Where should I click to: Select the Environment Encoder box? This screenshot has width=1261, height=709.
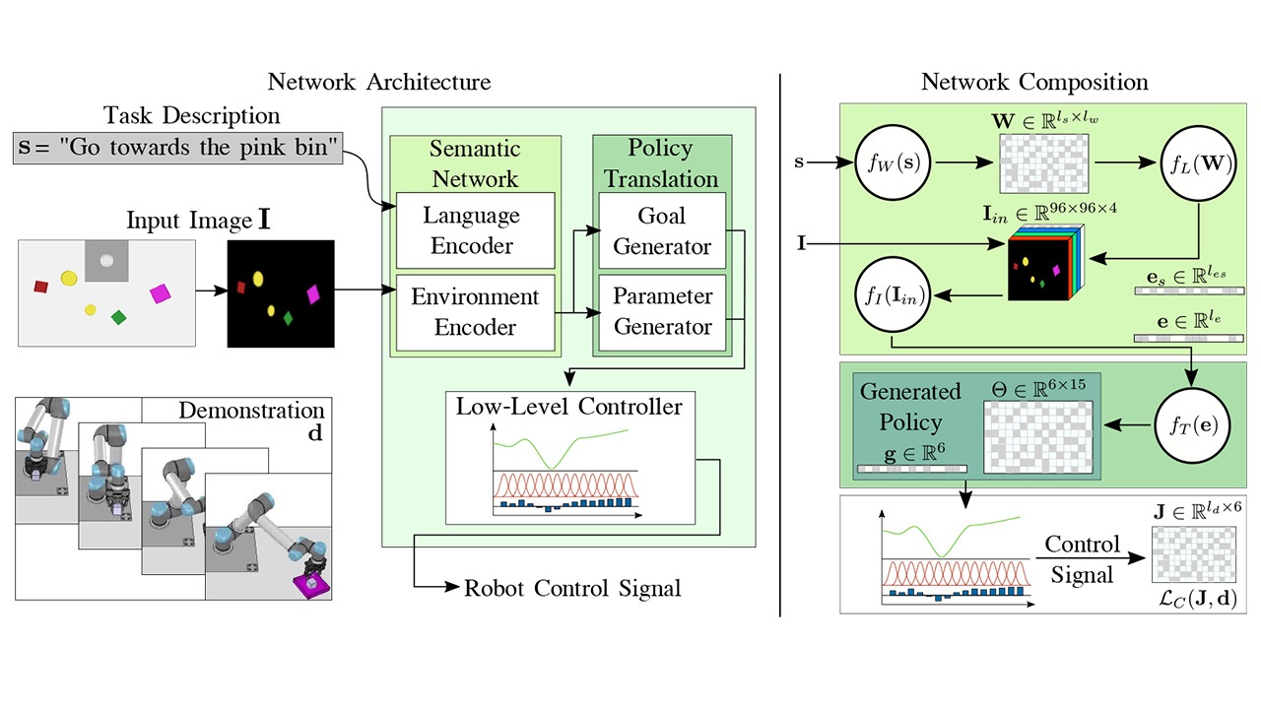coord(475,312)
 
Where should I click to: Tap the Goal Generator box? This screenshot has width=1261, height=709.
coord(662,230)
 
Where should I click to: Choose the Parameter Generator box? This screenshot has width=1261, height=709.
coord(662,312)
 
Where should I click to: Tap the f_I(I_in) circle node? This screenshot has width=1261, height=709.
coord(890,293)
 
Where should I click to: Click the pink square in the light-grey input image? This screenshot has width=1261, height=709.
coord(161,293)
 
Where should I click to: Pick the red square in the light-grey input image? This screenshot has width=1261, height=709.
coord(41,287)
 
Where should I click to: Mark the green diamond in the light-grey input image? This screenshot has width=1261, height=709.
coord(118,317)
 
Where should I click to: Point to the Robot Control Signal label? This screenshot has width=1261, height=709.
coord(572,589)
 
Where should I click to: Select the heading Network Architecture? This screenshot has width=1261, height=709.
coord(379,82)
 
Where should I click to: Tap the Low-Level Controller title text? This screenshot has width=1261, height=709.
coord(569,406)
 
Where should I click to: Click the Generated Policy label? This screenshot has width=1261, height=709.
coord(910,407)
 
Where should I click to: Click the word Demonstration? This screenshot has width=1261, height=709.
coord(251,411)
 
